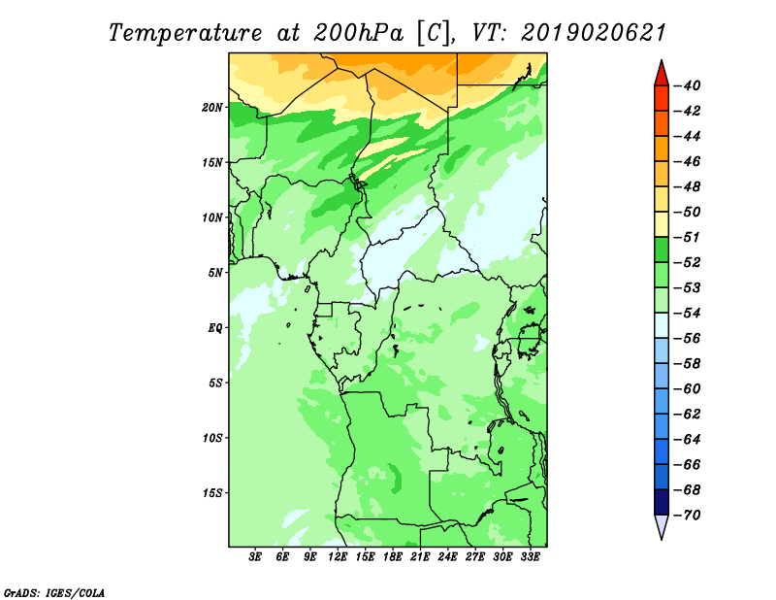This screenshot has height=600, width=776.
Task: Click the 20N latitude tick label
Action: coord(212,108)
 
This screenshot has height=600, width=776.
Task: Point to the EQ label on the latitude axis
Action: coord(215,328)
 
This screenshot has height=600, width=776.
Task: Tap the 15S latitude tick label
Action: coord(212,493)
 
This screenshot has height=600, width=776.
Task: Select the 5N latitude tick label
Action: coord(215,273)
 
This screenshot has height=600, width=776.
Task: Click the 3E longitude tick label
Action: coord(255,557)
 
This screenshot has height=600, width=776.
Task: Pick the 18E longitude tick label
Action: coord(393,557)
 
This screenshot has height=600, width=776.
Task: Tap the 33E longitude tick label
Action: coord(530,557)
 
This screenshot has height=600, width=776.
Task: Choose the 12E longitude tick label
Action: coord(338,557)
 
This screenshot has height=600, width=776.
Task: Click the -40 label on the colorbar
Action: coord(687,85)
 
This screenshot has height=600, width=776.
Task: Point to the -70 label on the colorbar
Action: coord(687,516)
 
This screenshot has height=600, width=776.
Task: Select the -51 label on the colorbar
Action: coord(687,237)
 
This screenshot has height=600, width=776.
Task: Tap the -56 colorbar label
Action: coord(687,339)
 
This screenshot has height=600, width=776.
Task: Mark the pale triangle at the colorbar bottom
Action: coord(662,525)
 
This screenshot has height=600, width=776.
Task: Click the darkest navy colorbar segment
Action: coord(662,502)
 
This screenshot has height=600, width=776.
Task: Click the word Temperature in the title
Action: coord(185,34)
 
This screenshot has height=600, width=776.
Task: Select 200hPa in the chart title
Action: coord(359,33)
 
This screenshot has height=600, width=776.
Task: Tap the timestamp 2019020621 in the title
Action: coord(593,33)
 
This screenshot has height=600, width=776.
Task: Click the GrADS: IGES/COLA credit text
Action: coord(54,592)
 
